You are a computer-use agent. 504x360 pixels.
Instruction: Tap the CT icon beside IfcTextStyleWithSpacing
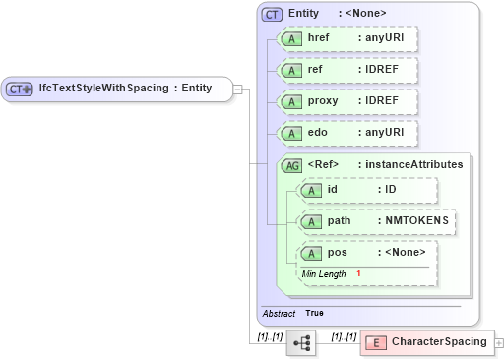21,89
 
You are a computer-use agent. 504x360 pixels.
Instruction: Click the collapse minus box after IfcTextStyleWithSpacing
239,89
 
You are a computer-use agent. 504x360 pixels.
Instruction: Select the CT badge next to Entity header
272,14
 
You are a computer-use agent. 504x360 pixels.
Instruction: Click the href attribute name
319,38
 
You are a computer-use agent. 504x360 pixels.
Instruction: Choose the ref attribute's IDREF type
383,71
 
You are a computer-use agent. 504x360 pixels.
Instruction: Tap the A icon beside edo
292,132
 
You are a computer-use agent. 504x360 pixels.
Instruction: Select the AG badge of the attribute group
292,165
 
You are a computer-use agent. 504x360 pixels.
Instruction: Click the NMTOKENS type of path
416,221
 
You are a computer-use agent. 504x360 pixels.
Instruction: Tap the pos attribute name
337,253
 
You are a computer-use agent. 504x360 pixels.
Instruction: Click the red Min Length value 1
359,273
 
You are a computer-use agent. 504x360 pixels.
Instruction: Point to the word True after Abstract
315,313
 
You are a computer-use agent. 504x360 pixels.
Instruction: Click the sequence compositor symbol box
300,342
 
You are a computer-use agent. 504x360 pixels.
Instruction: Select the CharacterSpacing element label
439,342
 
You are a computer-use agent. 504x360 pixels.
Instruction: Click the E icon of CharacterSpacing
376,342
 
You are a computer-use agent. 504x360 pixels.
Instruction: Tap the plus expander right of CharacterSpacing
499,342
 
